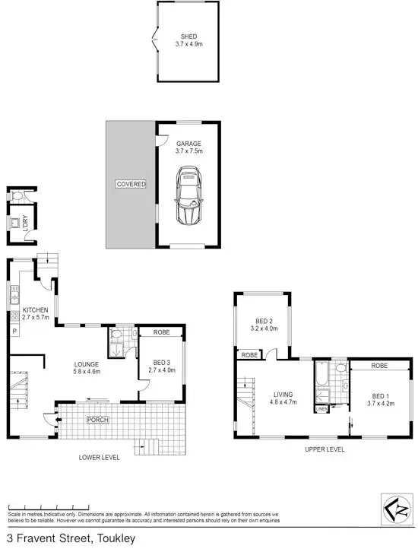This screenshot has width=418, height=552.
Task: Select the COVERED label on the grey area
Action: coord(131,184)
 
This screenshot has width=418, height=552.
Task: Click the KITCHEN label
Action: coord(35,310)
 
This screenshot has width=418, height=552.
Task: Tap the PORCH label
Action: coord(97,419)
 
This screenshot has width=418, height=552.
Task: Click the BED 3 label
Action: coord(164,362)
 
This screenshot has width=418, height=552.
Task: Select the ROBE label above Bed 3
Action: coord(161,332)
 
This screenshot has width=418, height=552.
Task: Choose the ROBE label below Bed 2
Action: coord(249,355)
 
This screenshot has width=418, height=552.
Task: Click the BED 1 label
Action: coord(382,395)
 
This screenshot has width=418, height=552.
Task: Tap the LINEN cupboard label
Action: coord(321,410)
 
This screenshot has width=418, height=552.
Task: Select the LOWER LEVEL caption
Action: coord(99,458)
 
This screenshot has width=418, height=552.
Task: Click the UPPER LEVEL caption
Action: coord(325,449)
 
